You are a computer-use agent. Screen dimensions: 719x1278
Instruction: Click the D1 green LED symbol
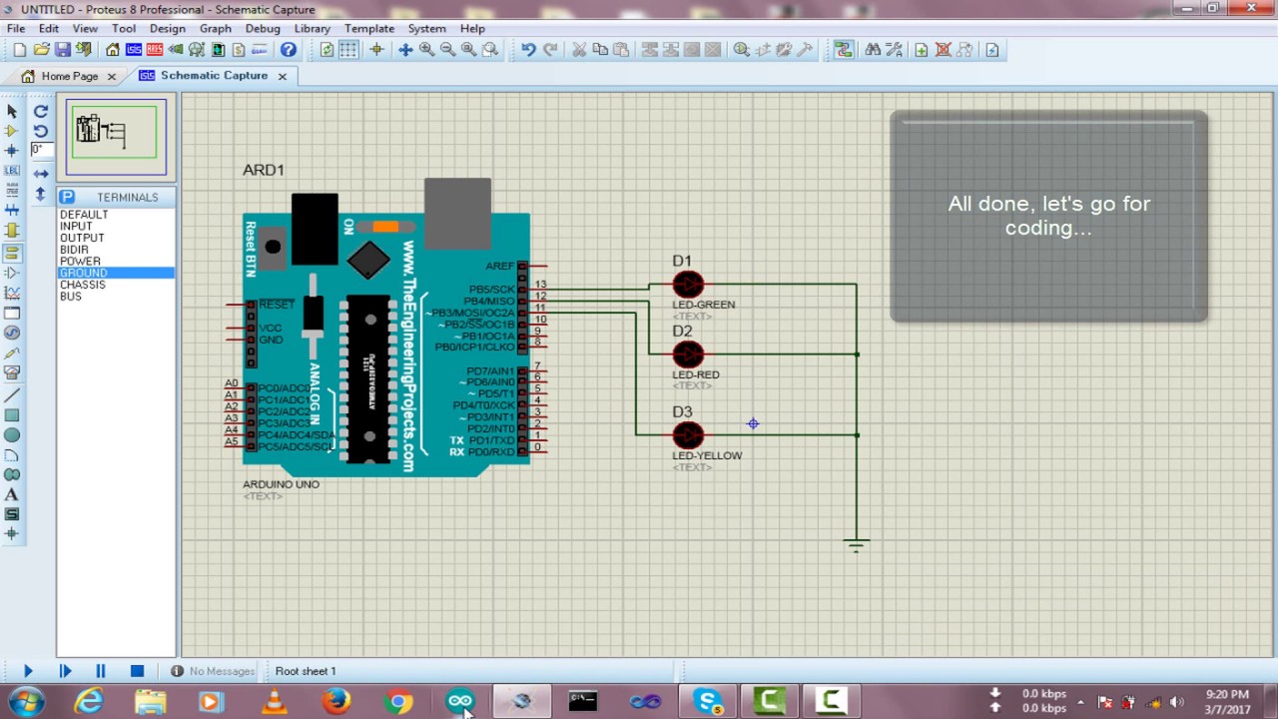point(688,286)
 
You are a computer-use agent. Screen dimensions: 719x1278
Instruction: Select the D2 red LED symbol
point(688,355)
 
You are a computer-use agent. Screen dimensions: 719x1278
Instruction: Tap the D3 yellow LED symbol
point(688,435)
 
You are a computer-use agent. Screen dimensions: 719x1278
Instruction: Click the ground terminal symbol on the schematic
point(856,544)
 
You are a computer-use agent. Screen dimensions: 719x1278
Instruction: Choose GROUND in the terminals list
point(83,273)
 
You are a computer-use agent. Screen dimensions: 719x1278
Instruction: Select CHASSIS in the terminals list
point(82,285)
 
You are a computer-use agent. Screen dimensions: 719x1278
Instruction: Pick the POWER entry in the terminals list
point(80,261)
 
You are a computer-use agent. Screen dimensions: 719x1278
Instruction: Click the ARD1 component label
point(263,170)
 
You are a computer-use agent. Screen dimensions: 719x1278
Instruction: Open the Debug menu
point(263,28)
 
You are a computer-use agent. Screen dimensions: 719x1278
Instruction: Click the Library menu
point(312,28)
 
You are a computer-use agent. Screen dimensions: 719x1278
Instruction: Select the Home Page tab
point(69,76)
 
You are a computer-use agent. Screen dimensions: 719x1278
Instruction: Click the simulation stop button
point(137,671)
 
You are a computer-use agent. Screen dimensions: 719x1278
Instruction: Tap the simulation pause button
point(101,671)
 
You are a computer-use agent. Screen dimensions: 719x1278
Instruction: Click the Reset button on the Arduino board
point(273,246)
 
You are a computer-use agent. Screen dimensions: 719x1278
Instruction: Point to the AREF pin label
point(499,266)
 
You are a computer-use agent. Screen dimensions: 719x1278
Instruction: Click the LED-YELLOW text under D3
point(707,455)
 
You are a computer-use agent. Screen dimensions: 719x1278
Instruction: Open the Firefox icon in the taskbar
point(336,702)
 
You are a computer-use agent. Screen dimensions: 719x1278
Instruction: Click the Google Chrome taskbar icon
point(398,702)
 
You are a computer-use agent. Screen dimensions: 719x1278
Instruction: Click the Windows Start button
point(27,702)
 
